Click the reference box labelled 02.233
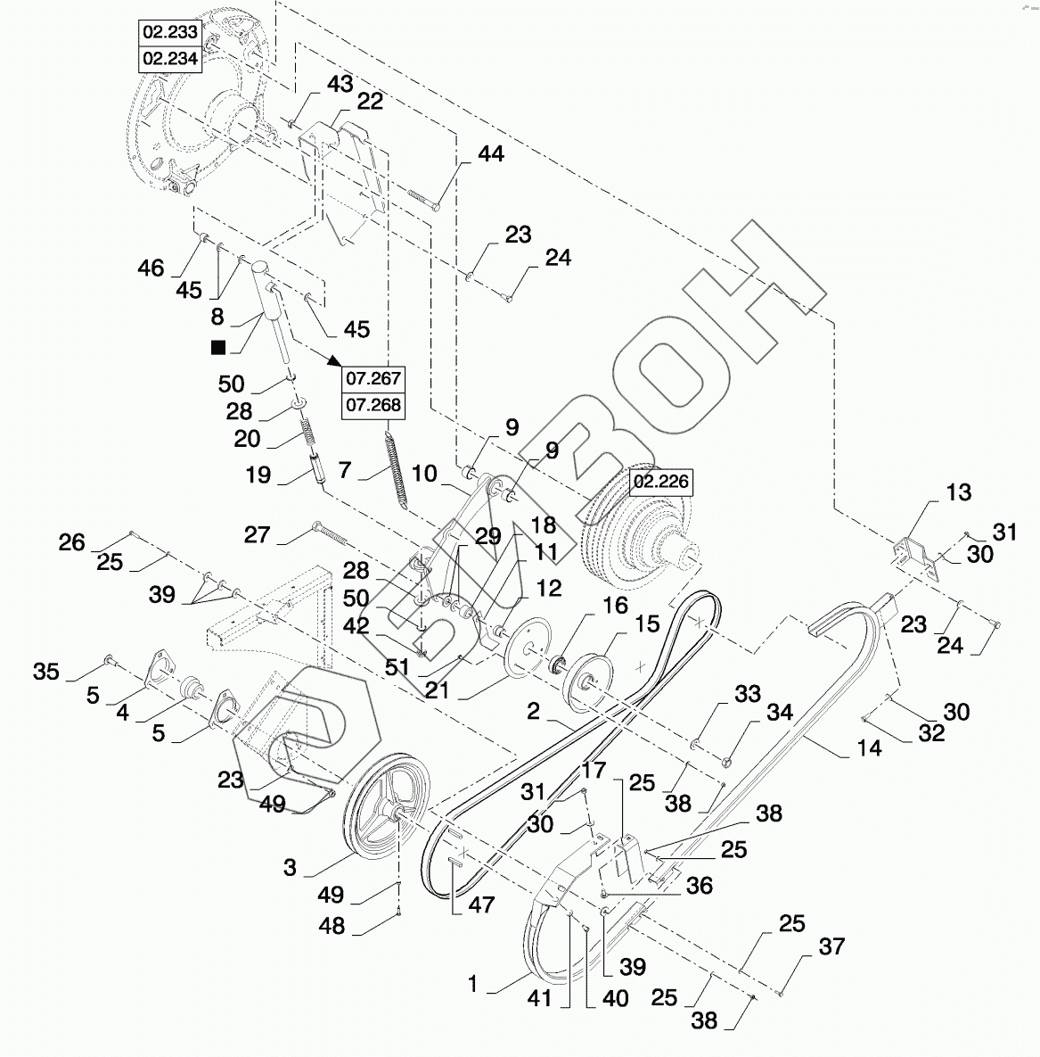(170, 32)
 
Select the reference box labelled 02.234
(170, 59)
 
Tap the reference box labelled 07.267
(373, 379)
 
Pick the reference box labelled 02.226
(661, 482)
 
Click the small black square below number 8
(218, 347)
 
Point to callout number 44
(490, 153)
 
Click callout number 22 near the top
(370, 102)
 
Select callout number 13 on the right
(959, 492)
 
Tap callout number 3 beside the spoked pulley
(290, 867)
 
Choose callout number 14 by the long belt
(869, 747)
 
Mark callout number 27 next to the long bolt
(257, 534)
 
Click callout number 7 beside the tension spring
(345, 469)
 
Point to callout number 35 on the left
(45, 672)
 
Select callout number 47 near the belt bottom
(481, 904)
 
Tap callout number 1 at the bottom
(473, 984)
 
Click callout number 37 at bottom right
(831, 946)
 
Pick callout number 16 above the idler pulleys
(615, 606)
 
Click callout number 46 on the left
(151, 268)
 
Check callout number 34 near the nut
(779, 712)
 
